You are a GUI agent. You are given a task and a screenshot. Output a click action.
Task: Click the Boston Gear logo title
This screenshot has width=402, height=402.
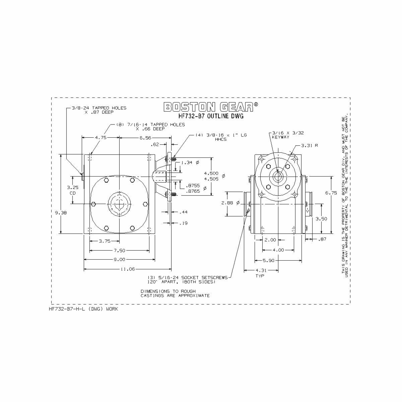click(211, 107)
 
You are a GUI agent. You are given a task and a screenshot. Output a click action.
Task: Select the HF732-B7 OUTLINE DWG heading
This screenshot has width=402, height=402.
click(211, 116)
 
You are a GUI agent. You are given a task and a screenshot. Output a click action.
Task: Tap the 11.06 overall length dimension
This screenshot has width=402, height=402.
click(128, 269)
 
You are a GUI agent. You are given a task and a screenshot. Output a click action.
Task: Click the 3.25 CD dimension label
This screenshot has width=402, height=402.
click(73, 190)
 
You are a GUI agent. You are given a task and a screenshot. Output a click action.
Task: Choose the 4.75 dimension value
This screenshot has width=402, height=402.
click(100, 137)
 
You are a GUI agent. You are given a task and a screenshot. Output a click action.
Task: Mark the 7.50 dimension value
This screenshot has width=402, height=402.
click(119, 250)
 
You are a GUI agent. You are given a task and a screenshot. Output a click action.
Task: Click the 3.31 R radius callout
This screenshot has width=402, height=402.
click(309, 146)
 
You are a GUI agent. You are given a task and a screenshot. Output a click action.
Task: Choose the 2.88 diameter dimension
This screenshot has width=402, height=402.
click(231, 203)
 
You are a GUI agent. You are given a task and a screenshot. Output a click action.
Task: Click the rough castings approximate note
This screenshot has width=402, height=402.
click(175, 293)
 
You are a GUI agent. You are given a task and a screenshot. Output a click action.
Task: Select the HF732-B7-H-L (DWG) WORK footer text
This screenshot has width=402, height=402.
click(83, 309)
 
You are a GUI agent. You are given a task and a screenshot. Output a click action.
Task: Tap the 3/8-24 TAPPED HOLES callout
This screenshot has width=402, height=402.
click(99, 110)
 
